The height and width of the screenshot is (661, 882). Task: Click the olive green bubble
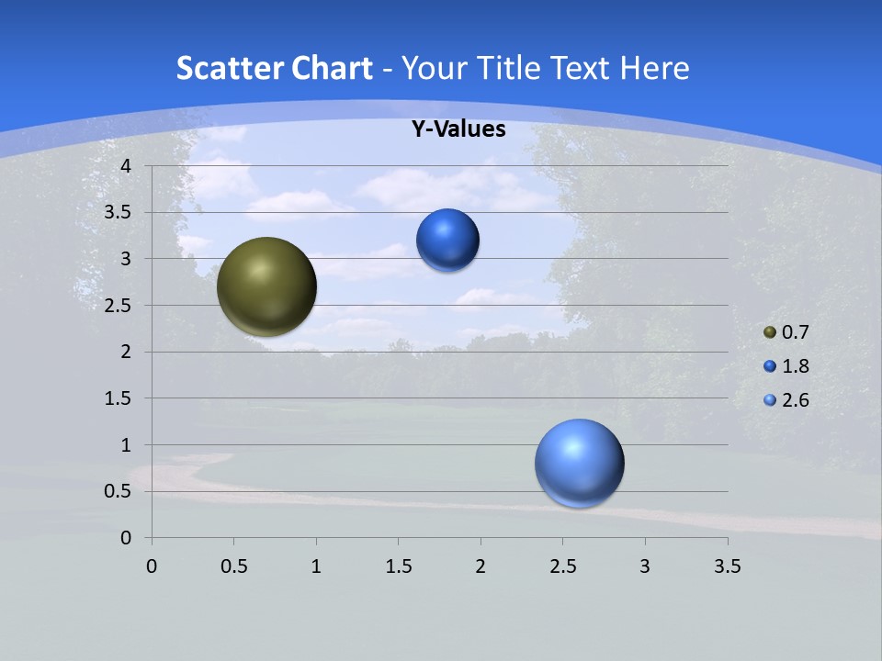point(266,286)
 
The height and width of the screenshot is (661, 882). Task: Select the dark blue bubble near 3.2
point(447,241)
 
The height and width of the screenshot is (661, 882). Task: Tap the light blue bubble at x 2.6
point(579,463)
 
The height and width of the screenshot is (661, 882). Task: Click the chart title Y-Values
point(458,129)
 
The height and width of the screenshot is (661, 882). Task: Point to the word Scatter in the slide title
point(227,68)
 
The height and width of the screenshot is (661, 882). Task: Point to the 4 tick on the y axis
point(127,166)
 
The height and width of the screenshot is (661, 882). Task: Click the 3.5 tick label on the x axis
point(727,566)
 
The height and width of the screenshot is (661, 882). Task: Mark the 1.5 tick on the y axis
point(119,398)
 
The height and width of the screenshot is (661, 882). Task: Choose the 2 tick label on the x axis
point(481,566)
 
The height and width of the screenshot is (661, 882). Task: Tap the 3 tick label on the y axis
point(127,259)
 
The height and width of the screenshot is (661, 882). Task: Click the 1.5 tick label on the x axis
point(398,566)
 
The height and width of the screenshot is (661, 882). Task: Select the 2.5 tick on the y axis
point(119,306)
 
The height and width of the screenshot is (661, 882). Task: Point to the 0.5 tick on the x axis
point(233,566)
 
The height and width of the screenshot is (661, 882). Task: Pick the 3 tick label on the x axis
point(645,566)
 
